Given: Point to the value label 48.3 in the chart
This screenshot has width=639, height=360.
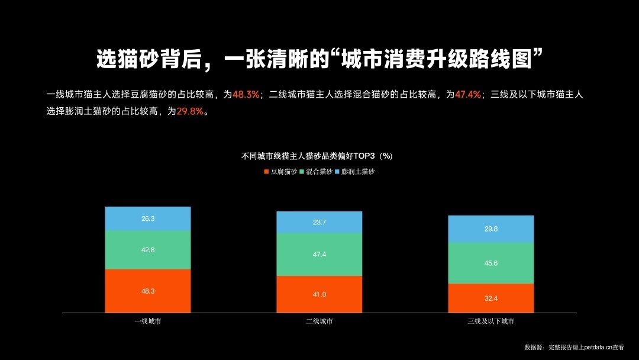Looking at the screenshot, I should pyautogui.click(x=148, y=291).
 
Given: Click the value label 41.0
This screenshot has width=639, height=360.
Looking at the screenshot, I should pyautogui.click(x=319, y=295).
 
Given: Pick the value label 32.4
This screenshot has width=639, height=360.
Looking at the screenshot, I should pyautogui.click(x=491, y=298).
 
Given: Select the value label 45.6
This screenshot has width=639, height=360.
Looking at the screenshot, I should pyautogui.click(x=491, y=263).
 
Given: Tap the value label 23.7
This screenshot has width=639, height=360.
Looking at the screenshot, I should pyautogui.click(x=319, y=223).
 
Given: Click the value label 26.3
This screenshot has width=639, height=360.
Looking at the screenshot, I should pyautogui.click(x=148, y=219).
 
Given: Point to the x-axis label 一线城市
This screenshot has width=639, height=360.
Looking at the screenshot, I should pyautogui.click(x=148, y=322).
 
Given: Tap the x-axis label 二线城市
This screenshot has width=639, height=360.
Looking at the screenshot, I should pyautogui.click(x=319, y=322).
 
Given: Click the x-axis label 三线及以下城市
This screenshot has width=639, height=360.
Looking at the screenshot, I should pyautogui.click(x=491, y=322).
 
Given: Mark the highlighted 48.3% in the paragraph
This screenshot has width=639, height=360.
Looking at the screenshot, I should pyautogui.click(x=246, y=95).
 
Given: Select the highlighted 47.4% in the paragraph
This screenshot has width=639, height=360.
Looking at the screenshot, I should pyautogui.click(x=468, y=95).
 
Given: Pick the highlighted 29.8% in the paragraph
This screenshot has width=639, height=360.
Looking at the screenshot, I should pyautogui.click(x=190, y=111).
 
